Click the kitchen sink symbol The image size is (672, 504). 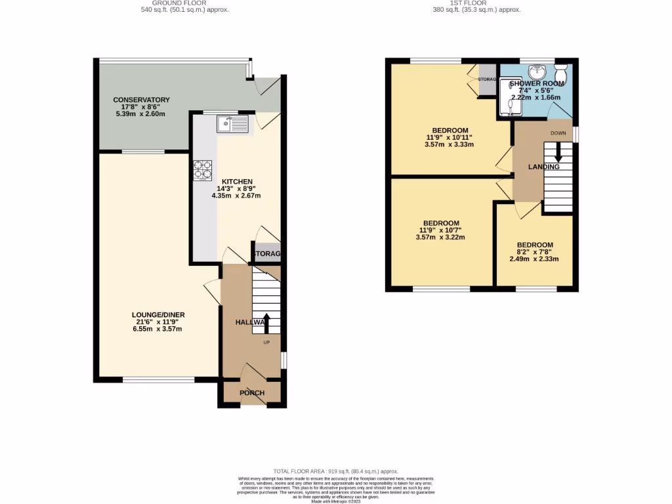coord(233,123)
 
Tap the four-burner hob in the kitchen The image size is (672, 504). coord(202,170)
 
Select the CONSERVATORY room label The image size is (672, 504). coord(141,100)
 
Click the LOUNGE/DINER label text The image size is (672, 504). coord(158,315)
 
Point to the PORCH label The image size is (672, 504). coord(252,393)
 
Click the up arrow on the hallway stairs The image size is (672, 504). coord(266,324)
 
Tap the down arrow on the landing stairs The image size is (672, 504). coord(558,154)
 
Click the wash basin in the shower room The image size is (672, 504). coord(537,71)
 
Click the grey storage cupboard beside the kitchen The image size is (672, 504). coord(267,253)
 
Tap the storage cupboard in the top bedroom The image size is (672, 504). coord(487,80)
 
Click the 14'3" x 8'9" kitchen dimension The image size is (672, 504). coord(236,188)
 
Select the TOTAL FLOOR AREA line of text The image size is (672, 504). coord(336,471)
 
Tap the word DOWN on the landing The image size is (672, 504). coord(558,133)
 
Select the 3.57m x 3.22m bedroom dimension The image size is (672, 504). coord(440,238)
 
